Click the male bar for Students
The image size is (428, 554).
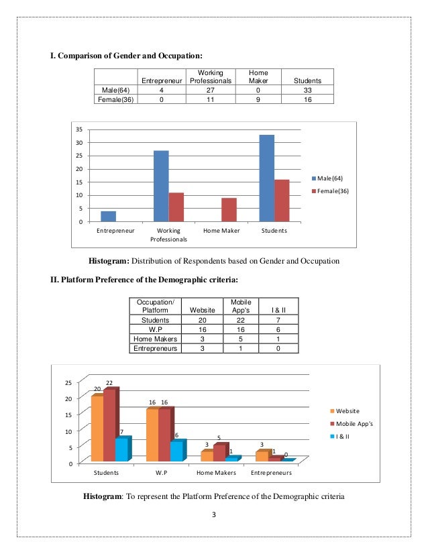pyautogui.click(x=266, y=178)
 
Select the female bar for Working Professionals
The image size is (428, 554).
pyautogui.click(x=176, y=207)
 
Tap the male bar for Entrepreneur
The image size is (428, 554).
pyautogui.click(x=108, y=216)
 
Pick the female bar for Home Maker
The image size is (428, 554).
pyautogui.click(x=229, y=209)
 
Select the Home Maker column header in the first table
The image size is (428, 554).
pyautogui.click(x=258, y=76)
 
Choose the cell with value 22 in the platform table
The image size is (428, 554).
pyautogui.click(x=239, y=320)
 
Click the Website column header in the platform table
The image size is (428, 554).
pyautogui.click(x=203, y=310)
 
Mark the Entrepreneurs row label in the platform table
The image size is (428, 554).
pyautogui.click(x=156, y=348)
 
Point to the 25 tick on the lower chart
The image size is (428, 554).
pyautogui.click(x=67, y=382)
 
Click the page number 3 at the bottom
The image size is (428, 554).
pyautogui.click(x=213, y=514)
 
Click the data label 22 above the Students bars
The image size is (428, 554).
pyautogui.click(x=109, y=383)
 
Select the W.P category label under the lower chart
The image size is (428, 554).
pyautogui.click(x=160, y=473)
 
